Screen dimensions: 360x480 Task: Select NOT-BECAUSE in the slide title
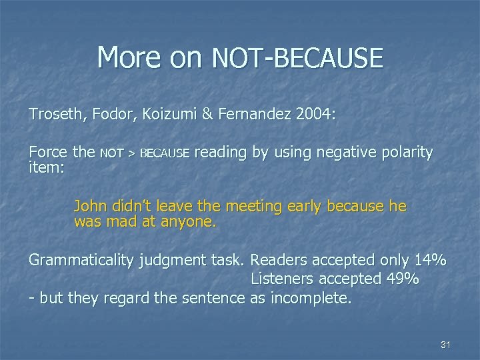pyautogui.click(x=297, y=58)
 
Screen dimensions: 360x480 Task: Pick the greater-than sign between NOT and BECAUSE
pyautogui.click(x=132, y=154)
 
